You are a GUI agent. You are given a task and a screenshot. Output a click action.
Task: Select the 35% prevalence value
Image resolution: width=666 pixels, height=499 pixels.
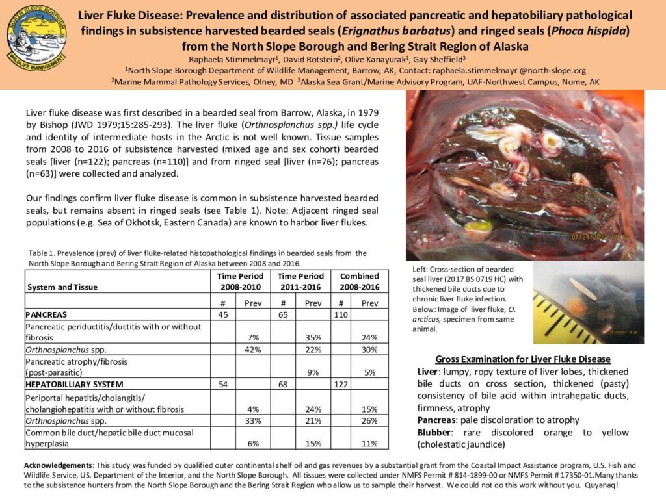314,338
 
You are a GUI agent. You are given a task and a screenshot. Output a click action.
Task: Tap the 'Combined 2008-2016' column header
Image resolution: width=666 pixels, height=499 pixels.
360,281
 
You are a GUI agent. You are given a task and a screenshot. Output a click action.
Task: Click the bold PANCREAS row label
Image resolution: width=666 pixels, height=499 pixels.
47,315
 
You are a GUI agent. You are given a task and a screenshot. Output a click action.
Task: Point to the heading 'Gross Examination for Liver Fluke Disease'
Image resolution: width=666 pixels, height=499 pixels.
522,359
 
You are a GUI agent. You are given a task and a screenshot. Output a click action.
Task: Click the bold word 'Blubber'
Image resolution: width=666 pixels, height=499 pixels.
433,433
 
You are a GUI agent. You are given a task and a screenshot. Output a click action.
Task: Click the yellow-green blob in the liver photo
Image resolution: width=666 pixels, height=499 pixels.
478,227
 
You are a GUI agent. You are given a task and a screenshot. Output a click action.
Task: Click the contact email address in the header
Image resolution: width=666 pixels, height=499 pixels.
518,70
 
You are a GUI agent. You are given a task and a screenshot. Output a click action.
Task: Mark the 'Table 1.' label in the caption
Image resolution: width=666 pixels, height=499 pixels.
41,253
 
